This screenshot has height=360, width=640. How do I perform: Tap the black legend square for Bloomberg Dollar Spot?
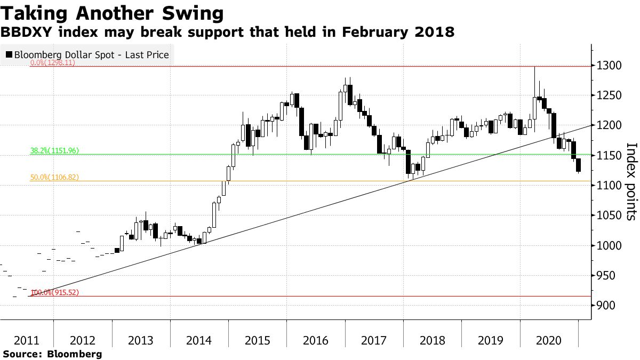pos(9,54)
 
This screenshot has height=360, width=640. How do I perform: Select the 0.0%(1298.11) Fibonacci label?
pos(52,62)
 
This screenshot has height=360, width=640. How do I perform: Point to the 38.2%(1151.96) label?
pos(54,151)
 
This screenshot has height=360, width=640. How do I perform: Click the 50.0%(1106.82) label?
pos(54,177)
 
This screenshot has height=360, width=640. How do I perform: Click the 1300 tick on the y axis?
pos(610,66)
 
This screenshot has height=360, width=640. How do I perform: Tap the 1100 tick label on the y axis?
pos(610,186)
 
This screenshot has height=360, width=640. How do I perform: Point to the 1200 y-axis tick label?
pos(610,126)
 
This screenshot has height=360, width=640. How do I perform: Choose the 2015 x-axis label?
pos(257,340)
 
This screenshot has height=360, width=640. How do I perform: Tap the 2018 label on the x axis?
pos(432,340)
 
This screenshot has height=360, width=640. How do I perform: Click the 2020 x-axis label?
pos(549,340)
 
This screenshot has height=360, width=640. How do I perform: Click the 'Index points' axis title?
pos(631,181)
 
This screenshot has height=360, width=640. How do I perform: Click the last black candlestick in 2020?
pos(579,165)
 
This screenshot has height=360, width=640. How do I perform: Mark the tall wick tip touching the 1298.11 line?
pos(534,67)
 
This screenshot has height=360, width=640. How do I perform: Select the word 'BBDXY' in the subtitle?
pos(23,32)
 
